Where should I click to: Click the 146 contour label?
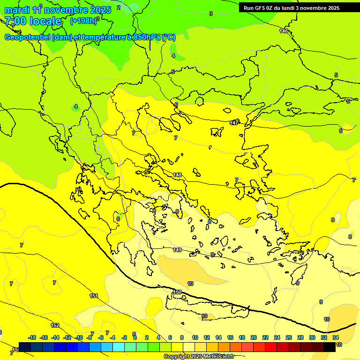(284, 31)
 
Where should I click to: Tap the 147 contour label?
(234, 123)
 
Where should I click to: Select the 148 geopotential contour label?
(177, 175)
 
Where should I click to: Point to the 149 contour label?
(177, 250)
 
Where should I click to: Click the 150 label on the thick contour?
(177, 292)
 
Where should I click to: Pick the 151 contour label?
(94, 296)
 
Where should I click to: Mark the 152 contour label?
(55, 325)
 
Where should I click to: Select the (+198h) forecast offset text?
(84, 21)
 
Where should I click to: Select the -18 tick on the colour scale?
(32, 337)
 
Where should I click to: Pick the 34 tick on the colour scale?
(336, 337)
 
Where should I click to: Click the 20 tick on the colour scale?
(254, 337)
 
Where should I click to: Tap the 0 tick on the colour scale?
(135, 337)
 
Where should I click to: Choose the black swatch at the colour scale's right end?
(330, 347)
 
